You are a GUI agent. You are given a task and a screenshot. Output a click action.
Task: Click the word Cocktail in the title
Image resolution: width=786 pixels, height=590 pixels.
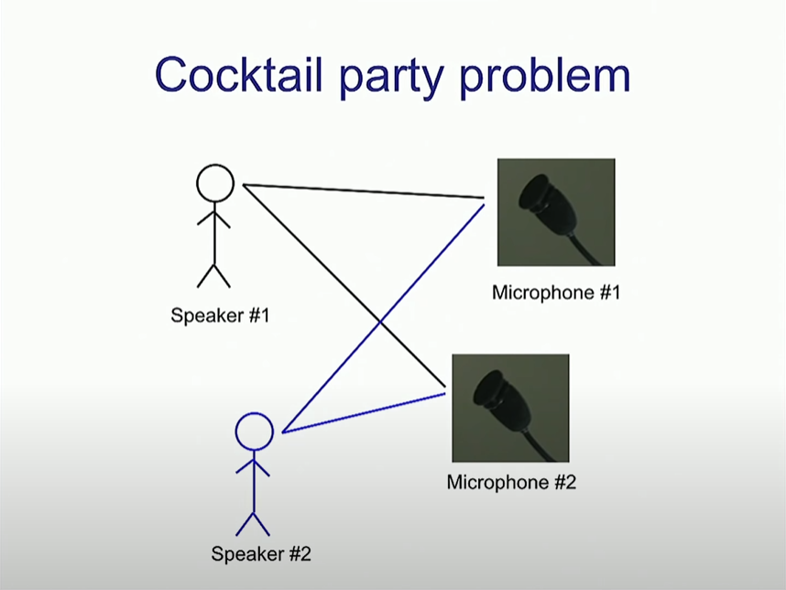[x=227, y=74]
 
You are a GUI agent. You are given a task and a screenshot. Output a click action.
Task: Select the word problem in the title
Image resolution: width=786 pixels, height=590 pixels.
[x=544, y=74]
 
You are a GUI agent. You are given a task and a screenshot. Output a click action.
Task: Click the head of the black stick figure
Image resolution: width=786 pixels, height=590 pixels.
[x=215, y=182]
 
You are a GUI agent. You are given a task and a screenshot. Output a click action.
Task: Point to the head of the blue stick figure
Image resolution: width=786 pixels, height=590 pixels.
[x=254, y=431]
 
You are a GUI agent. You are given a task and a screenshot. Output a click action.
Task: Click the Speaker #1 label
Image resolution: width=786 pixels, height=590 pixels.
[x=220, y=316]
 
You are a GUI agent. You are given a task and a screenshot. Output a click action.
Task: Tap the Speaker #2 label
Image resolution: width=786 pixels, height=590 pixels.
[x=261, y=553]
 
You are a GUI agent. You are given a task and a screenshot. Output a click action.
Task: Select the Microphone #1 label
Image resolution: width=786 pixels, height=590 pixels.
[x=556, y=293]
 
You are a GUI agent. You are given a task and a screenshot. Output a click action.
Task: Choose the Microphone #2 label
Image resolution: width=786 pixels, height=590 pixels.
[x=511, y=481]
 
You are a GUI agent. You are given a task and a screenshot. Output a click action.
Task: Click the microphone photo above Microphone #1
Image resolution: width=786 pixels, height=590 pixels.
[x=555, y=213]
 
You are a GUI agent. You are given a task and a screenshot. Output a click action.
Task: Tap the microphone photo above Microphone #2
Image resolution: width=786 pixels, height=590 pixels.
[x=510, y=408]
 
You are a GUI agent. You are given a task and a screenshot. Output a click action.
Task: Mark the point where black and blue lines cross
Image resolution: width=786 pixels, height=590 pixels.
[x=380, y=321]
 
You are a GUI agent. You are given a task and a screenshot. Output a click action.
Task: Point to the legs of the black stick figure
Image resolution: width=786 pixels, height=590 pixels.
[x=213, y=273]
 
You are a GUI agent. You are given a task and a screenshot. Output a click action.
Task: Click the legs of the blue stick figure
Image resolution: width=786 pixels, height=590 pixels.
[x=253, y=521]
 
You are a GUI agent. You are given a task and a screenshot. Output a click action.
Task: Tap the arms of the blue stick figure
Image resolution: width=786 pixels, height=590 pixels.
[x=253, y=467]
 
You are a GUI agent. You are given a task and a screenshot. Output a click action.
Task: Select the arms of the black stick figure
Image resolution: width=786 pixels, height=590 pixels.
[x=213, y=220]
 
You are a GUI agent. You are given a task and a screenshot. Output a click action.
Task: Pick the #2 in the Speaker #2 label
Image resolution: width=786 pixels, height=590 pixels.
[x=300, y=553]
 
